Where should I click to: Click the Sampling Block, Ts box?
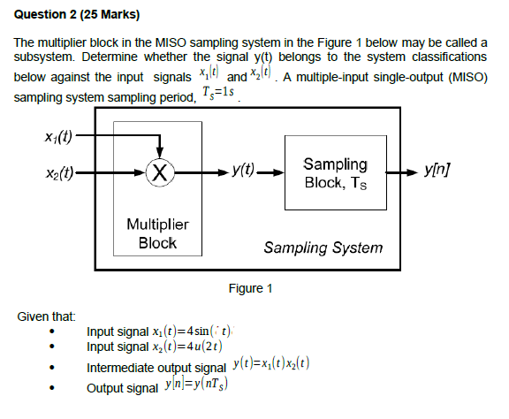click(x=335, y=171)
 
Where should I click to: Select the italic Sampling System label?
click(x=323, y=248)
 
